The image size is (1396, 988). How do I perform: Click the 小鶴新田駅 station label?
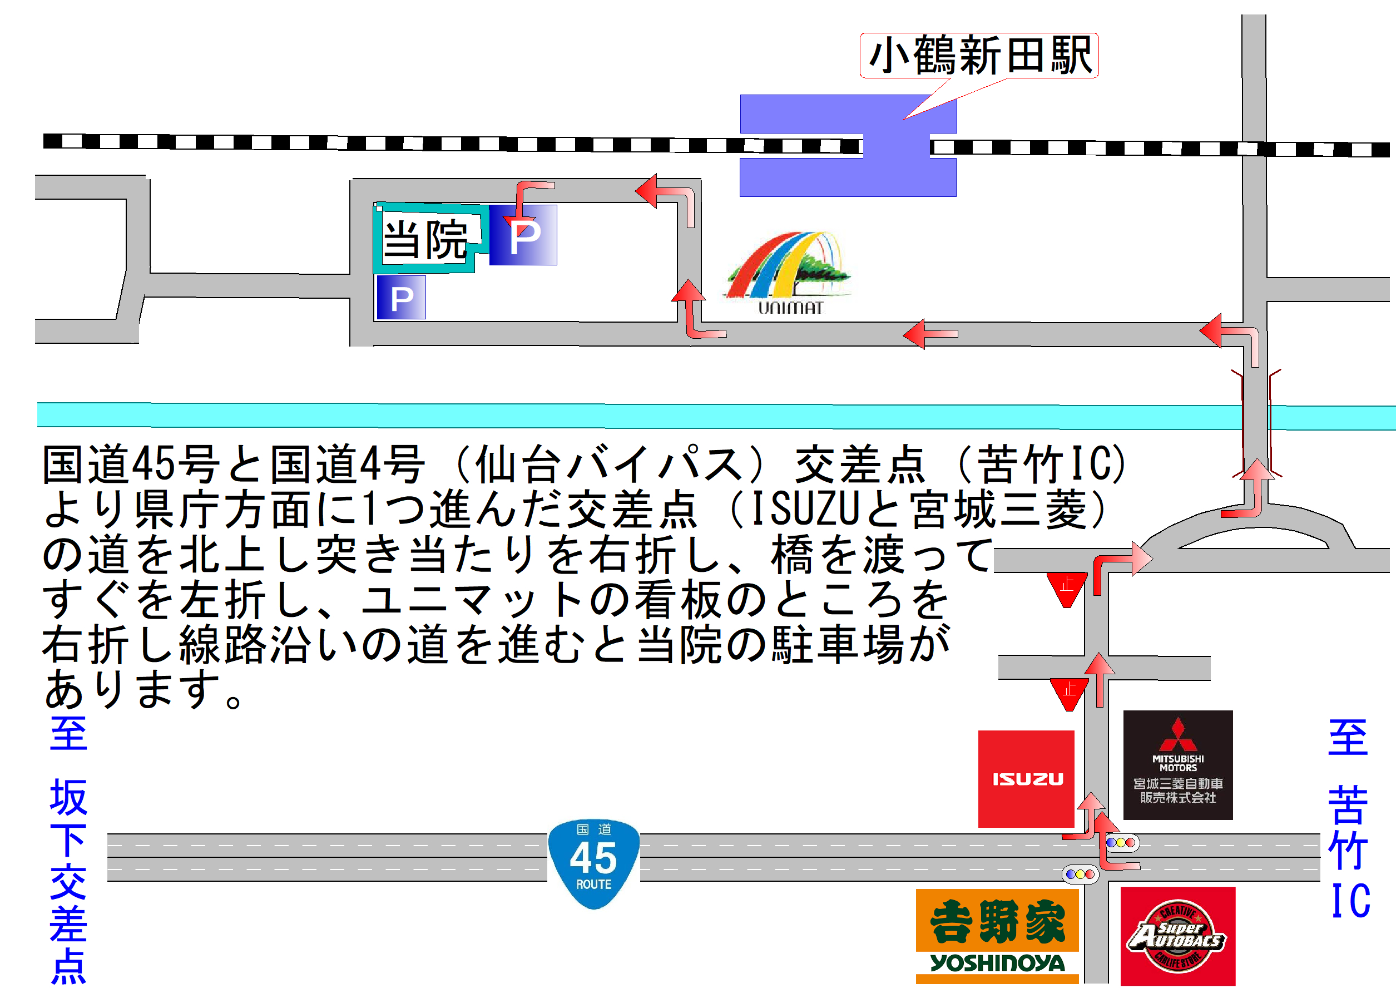[x=978, y=56]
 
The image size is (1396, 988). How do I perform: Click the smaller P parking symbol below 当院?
[x=401, y=298]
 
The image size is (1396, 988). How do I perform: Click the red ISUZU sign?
[x=1026, y=778]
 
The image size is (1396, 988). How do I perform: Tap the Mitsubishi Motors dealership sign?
[x=1177, y=765]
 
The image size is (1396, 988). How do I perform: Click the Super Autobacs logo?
[x=1177, y=935]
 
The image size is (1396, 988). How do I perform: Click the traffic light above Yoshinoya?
[x=1080, y=874]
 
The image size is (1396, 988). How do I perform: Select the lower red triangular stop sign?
[x=1069, y=693]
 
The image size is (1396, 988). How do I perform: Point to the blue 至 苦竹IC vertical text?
[x=1348, y=818]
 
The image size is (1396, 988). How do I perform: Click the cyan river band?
[x=608, y=416]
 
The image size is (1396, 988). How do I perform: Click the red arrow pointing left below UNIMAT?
[x=929, y=333]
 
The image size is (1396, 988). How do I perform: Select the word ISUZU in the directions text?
[x=804, y=508]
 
